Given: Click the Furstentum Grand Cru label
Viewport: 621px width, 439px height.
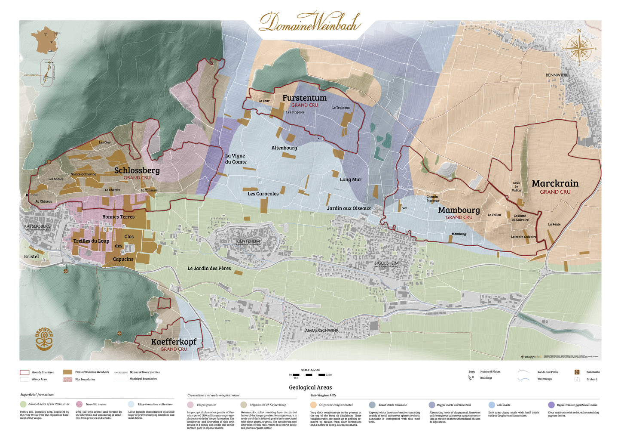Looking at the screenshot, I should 304,98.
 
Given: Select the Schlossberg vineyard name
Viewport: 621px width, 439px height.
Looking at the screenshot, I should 137,171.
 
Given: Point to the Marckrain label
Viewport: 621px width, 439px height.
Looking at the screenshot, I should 555,184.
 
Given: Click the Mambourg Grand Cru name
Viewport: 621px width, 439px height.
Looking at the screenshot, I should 459,210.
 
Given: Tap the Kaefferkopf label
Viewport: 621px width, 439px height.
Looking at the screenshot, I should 174,342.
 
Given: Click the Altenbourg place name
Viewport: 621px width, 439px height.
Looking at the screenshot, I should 284,148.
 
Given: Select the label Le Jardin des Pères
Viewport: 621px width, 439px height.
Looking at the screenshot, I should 209,269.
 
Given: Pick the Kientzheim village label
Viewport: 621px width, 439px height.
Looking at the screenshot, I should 248,241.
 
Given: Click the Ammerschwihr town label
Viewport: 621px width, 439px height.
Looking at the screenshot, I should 321,331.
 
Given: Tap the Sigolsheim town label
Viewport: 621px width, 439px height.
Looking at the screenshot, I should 386,263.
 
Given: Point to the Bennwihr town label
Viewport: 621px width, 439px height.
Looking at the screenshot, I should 556,75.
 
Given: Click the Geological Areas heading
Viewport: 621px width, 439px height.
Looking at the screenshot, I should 310,387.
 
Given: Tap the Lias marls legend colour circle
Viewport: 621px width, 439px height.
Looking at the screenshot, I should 492,405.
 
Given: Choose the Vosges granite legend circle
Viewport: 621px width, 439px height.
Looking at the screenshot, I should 190,405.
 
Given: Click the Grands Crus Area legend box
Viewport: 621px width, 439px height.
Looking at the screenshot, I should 24,372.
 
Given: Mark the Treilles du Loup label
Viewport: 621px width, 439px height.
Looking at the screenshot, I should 91,241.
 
